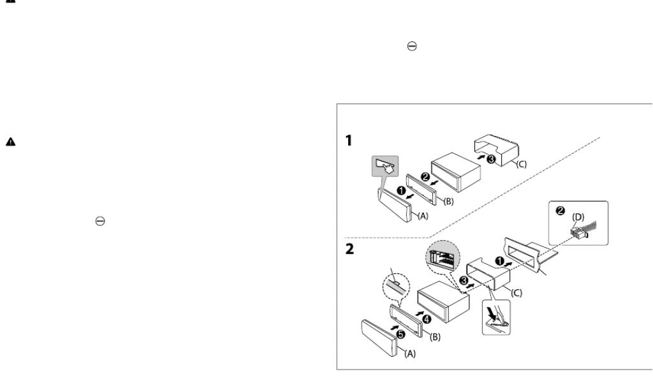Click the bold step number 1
click(x=349, y=141)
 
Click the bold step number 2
click(x=349, y=251)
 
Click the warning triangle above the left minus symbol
click(x=10, y=142)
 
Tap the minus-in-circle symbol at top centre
click(x=412, y=46)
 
